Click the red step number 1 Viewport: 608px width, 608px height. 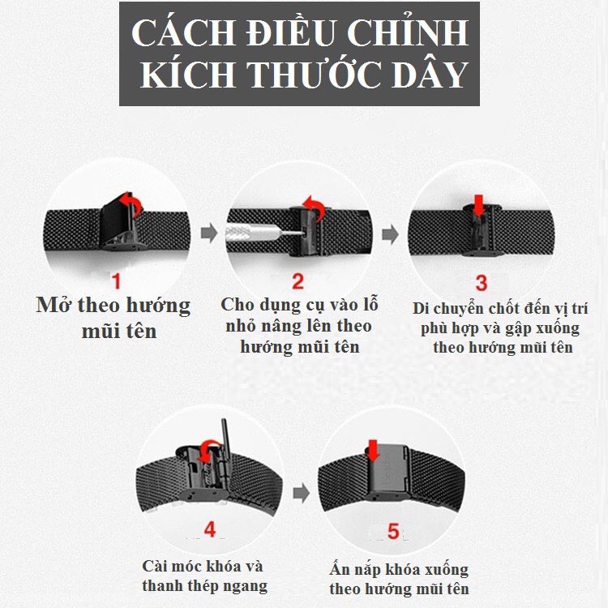[x=116, y=280]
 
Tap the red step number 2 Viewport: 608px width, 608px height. [x=298, y=281]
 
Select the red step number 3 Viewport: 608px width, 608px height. [x=482, y=283]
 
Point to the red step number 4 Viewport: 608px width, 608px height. [x=210, y=529]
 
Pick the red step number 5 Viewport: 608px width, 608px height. [x=393, y=531]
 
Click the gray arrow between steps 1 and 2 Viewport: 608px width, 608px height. [x=209, y=233]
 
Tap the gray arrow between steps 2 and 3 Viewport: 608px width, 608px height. [x=390, y=234]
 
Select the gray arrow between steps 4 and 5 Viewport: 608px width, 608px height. [x=302, y=493]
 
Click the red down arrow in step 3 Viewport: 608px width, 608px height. [x=479, y=205]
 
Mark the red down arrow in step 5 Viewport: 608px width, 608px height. [x=373, y=450]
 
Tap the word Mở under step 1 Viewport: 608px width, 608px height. [x=54, y=305]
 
